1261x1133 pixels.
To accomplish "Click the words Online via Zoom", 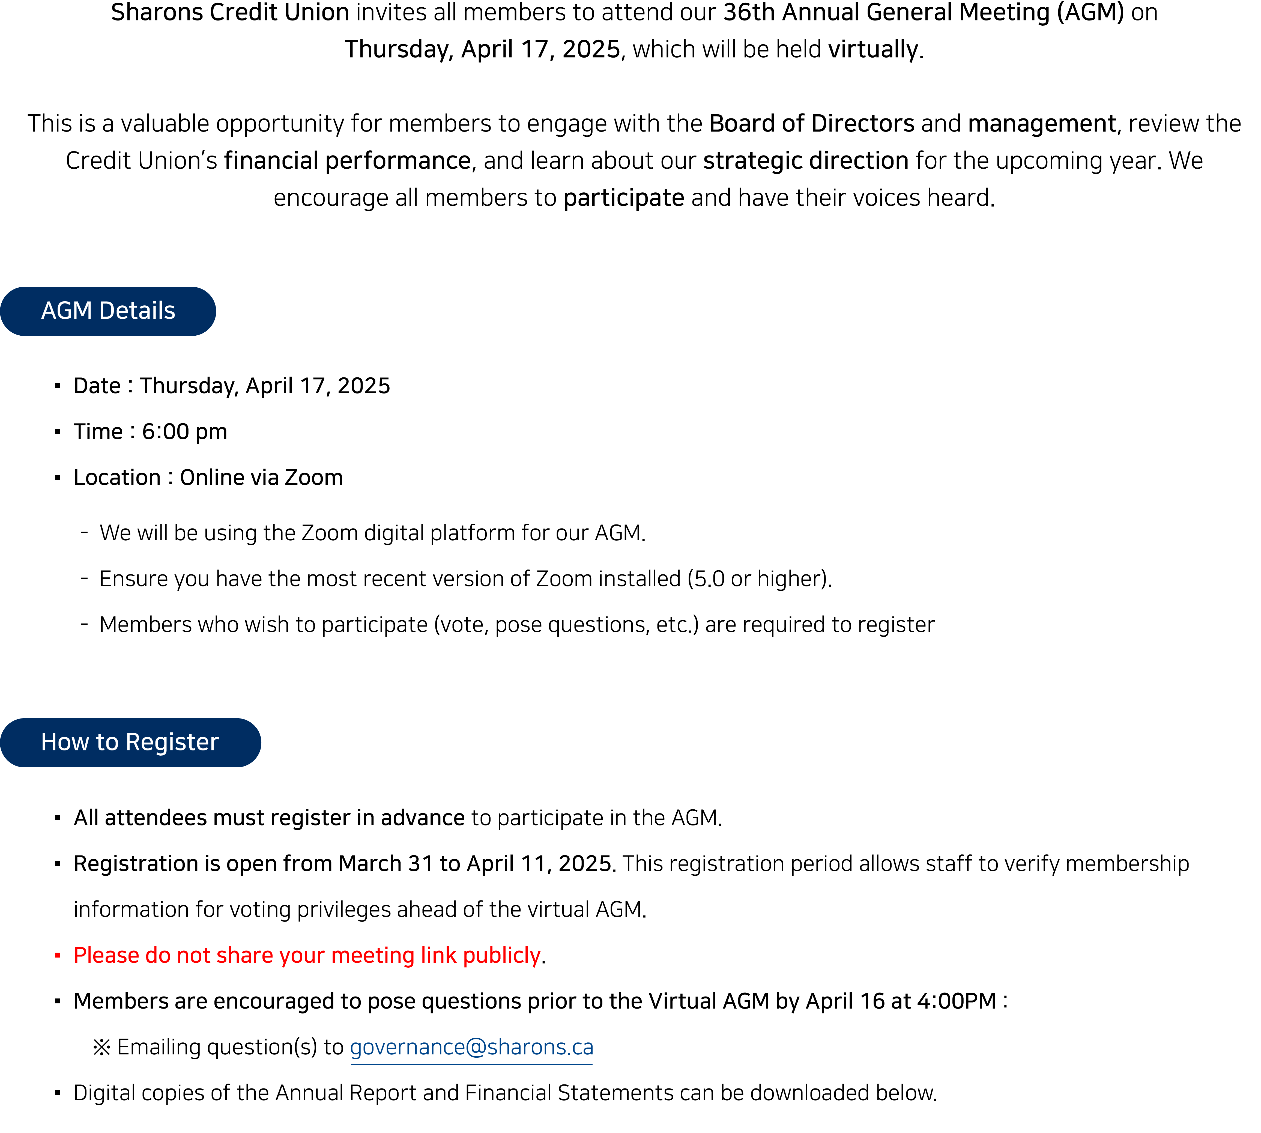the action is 261,478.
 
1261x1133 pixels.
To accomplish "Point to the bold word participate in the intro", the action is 624,198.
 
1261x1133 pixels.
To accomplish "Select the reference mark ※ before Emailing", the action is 101,1048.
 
